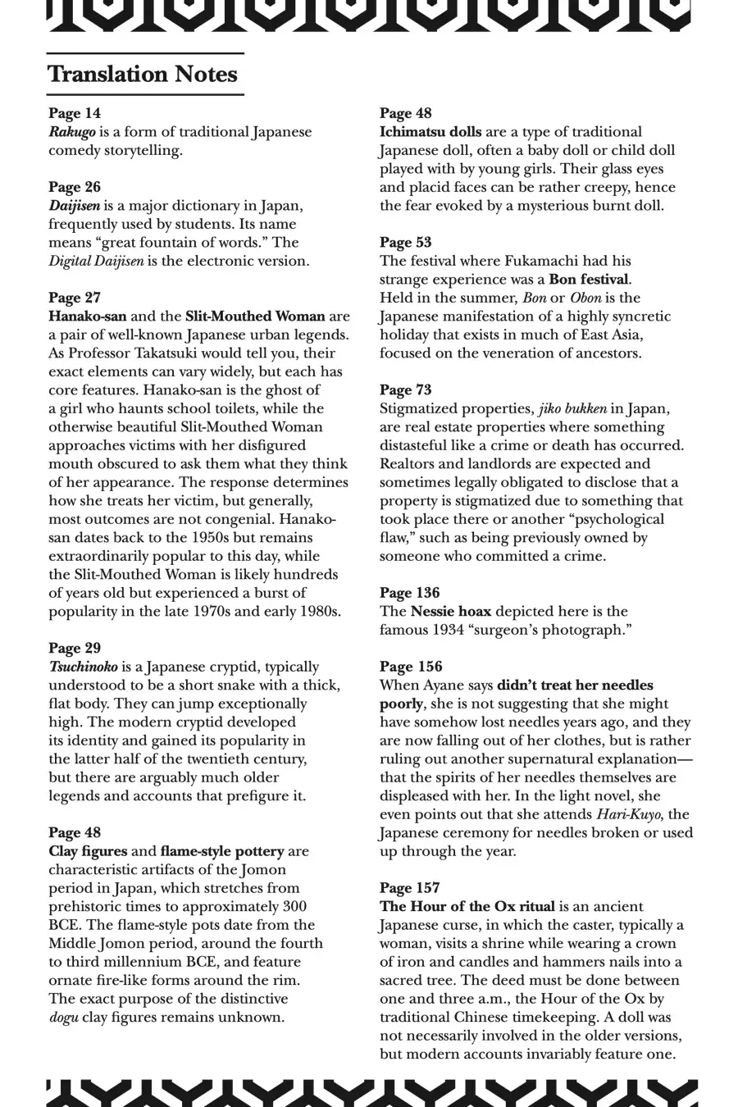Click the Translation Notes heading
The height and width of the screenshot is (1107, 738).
[143, 75]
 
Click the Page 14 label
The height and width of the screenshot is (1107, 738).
[75, 113]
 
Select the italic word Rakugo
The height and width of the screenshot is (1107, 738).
[72, 132]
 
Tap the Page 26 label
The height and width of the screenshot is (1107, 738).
[75, 187]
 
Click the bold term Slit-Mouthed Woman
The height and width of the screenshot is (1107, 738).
[255, 317]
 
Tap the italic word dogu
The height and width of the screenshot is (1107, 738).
[65, 1018]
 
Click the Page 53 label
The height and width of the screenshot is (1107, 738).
[406, 243]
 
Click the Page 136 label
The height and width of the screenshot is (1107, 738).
[410, 593]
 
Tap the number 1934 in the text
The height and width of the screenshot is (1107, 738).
[449, 630]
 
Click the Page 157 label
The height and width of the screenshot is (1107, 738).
[410, 888]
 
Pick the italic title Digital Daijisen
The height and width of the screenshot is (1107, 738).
[96, 262]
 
